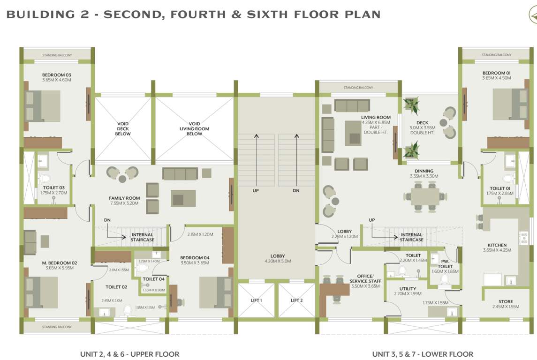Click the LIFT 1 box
tap(256, 300)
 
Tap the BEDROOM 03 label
tap(56, 75)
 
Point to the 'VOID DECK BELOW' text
tap(123, 129)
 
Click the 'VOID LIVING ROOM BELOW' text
tap(194, 129)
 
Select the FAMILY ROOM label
tap(124, 198)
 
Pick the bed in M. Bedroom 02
tap(43, 292)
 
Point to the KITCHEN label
tap(497, 245)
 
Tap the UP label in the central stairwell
tap(256, 191)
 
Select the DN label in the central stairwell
tap(296, 191)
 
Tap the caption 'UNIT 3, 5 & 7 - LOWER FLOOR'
tap(422, 354)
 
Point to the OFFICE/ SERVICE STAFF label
tap(365, 278)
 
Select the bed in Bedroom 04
tap(216, 292)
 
